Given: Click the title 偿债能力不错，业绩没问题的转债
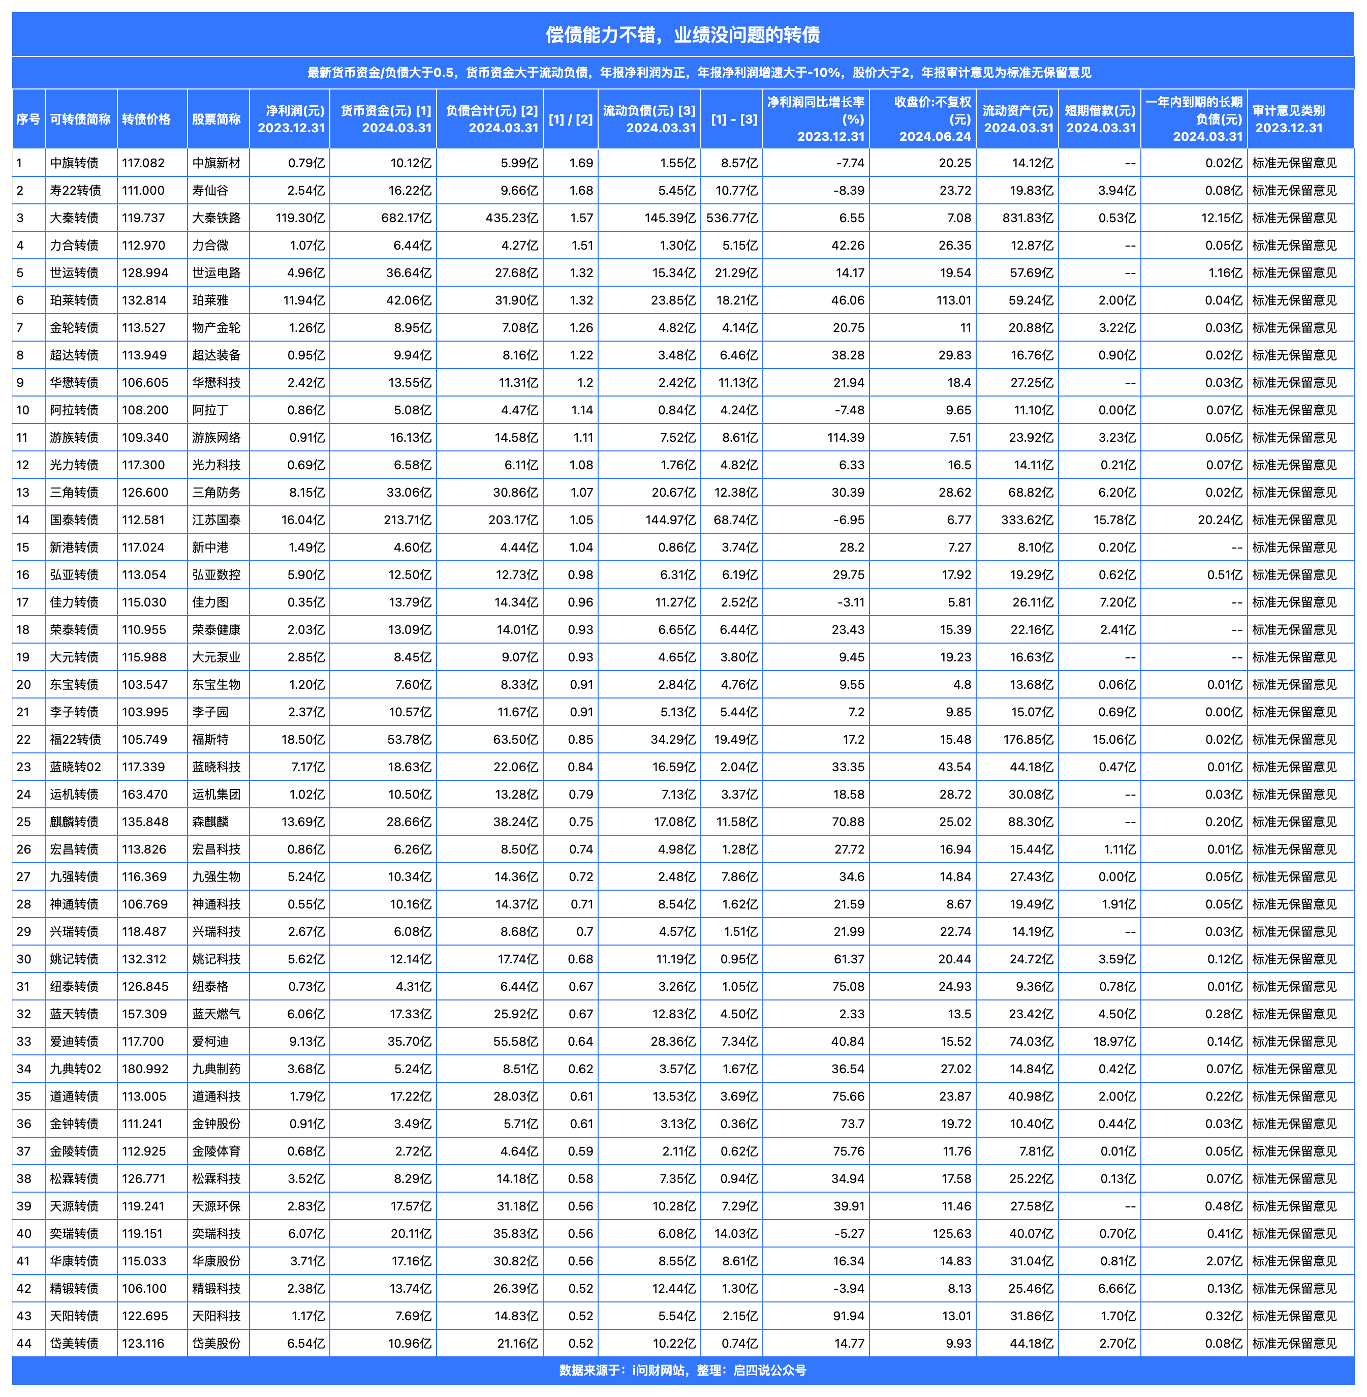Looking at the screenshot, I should click(x=683, y=35).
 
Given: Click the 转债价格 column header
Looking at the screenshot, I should click(x=146, y=119).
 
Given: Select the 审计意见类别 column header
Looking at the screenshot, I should click(x=1289, y=119).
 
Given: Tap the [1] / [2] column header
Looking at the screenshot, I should click(x=571, y=119).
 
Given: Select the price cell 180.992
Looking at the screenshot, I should click(x=145, y=1069).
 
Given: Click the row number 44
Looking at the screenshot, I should click(x=24, y=1343).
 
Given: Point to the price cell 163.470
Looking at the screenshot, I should click(x=145, y=795).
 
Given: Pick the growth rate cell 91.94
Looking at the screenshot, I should click(x=848, y=1316).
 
